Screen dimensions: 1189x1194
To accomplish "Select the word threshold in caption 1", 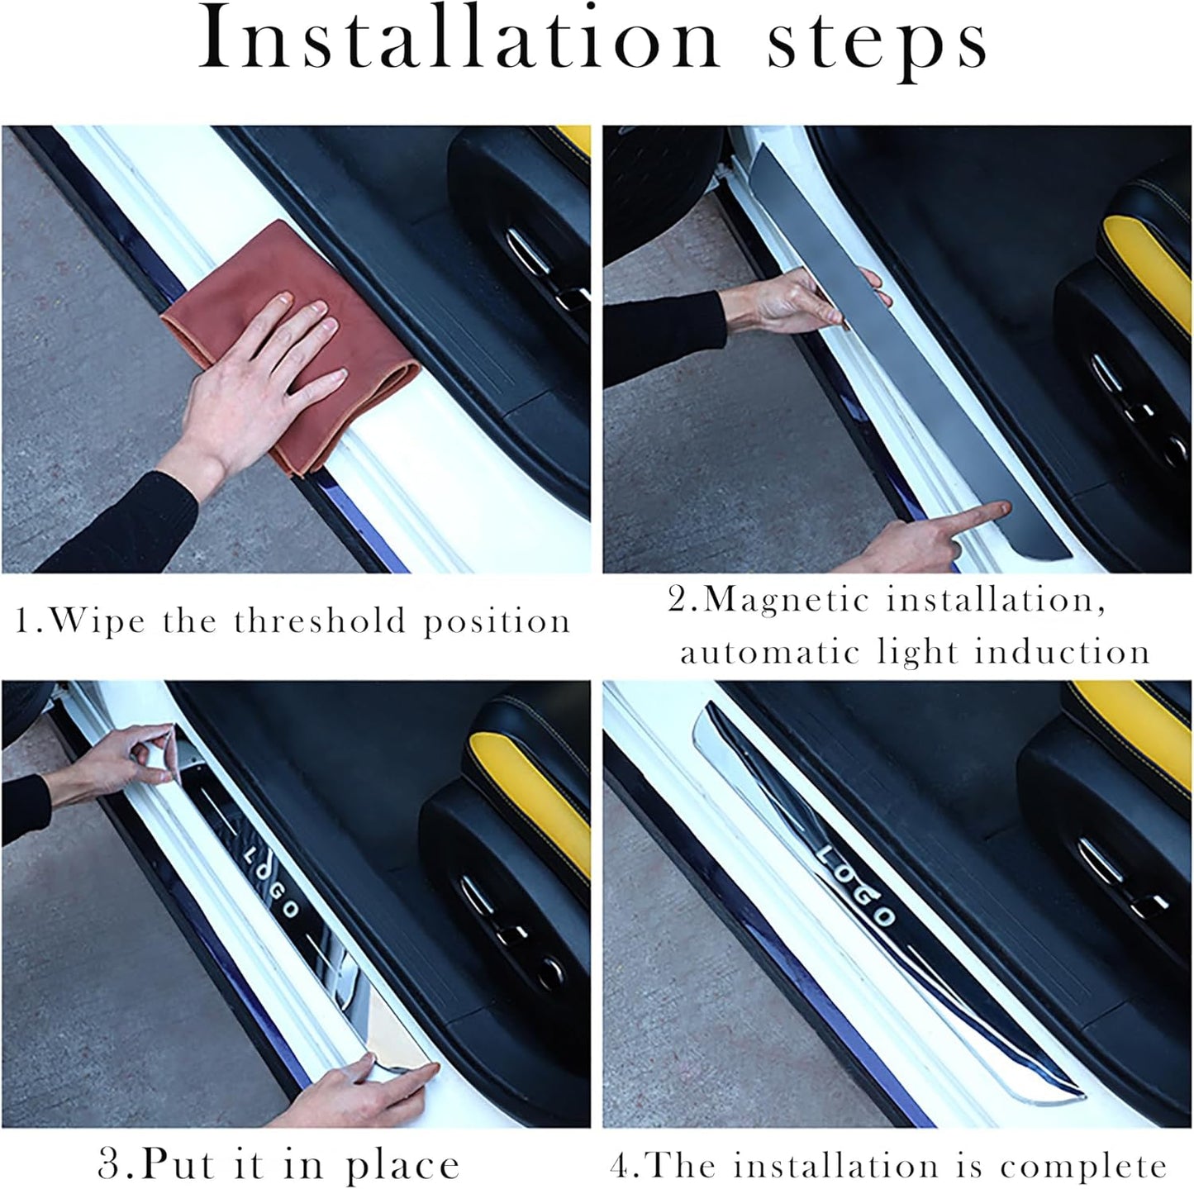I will coord(321,621).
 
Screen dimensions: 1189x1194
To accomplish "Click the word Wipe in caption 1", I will coord(99,621).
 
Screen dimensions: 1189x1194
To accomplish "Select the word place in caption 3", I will coord(402,1166).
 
